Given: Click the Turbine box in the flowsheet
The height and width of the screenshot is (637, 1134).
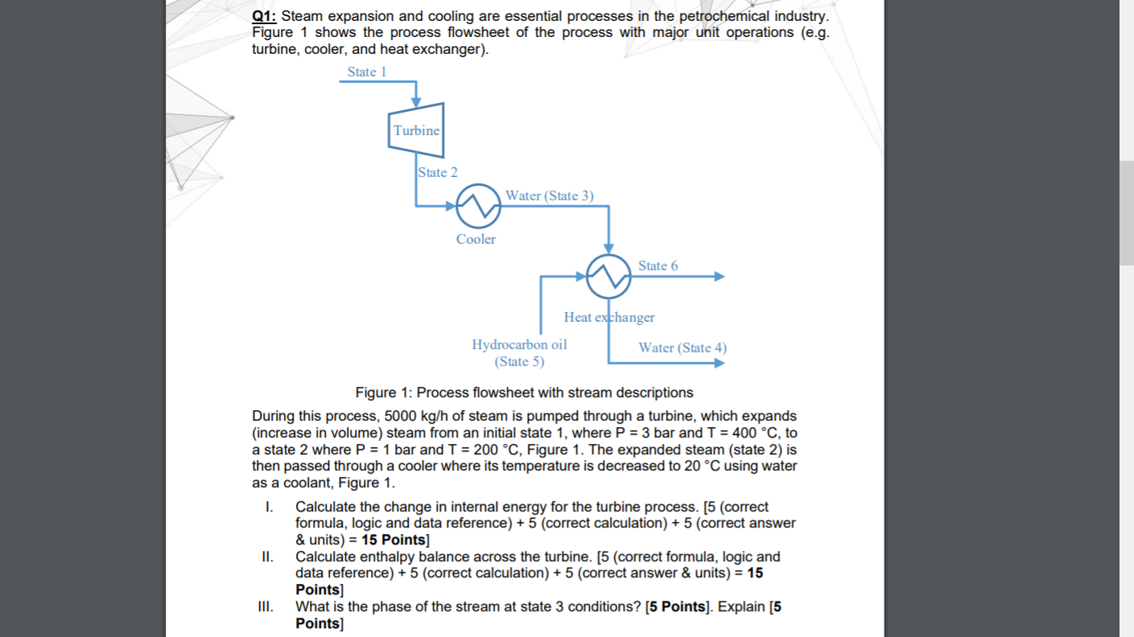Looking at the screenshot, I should (x=416, y=130).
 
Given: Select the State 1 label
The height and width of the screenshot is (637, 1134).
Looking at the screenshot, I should (x=367, y=72).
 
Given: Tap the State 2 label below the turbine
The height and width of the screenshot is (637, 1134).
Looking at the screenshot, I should (x=438, y=172).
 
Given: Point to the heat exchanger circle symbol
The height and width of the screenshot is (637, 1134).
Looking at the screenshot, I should (x=608, y=277).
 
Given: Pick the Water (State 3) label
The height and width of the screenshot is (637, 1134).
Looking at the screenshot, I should (x=550, y=195).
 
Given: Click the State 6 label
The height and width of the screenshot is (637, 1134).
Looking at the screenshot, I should (x=658, y=265).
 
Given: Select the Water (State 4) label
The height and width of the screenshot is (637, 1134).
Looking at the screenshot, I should (x=682, y=347).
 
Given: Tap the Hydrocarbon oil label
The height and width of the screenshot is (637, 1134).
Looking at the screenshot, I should (x=519, y=344).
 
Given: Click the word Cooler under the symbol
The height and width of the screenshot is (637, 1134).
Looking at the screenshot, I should (x=476, y=239).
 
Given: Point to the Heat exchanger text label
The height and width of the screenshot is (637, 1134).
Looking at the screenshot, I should (x=609, y=317).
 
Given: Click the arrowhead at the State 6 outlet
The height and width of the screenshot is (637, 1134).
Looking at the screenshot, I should (x=719, y=277).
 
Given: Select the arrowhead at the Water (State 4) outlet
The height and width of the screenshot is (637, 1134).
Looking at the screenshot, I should (x=719, y=363).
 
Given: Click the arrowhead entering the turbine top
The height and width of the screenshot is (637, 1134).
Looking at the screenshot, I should (x=416, y=101).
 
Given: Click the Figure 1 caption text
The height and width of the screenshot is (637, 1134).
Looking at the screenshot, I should (x=524, y=392).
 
